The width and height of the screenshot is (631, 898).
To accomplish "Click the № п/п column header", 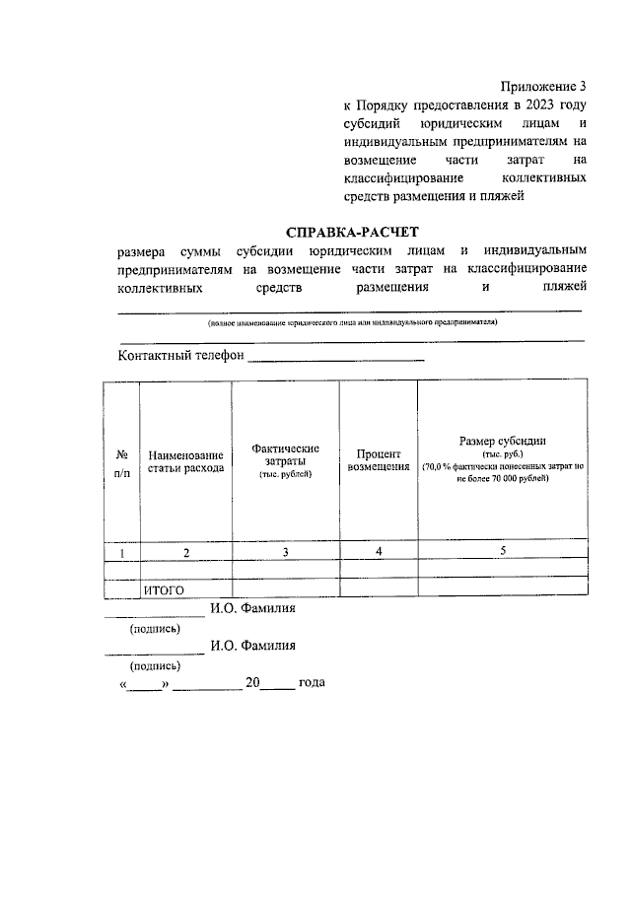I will [x=122, y=463].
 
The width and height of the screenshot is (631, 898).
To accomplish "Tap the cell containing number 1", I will [x=122, y=553].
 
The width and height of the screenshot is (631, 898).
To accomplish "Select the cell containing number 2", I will [x=185, y=553].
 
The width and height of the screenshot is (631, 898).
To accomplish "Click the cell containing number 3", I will [x=285, y=553].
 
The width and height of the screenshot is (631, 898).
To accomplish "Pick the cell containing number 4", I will [x=379, y=552].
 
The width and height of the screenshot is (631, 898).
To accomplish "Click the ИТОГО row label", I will [x=165, y=589].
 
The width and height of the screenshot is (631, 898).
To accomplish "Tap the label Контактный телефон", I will [x=179, y=356].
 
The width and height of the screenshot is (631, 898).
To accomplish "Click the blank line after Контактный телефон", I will [x=335, y=359].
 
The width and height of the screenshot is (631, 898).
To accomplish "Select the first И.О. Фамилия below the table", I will [x=252, y=608].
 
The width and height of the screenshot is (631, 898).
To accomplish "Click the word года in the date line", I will [x=312, y=682].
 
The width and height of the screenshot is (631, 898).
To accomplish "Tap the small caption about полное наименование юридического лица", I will [x=351, y=322].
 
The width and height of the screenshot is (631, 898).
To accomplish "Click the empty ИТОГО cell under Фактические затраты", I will [x=285, y=588].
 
